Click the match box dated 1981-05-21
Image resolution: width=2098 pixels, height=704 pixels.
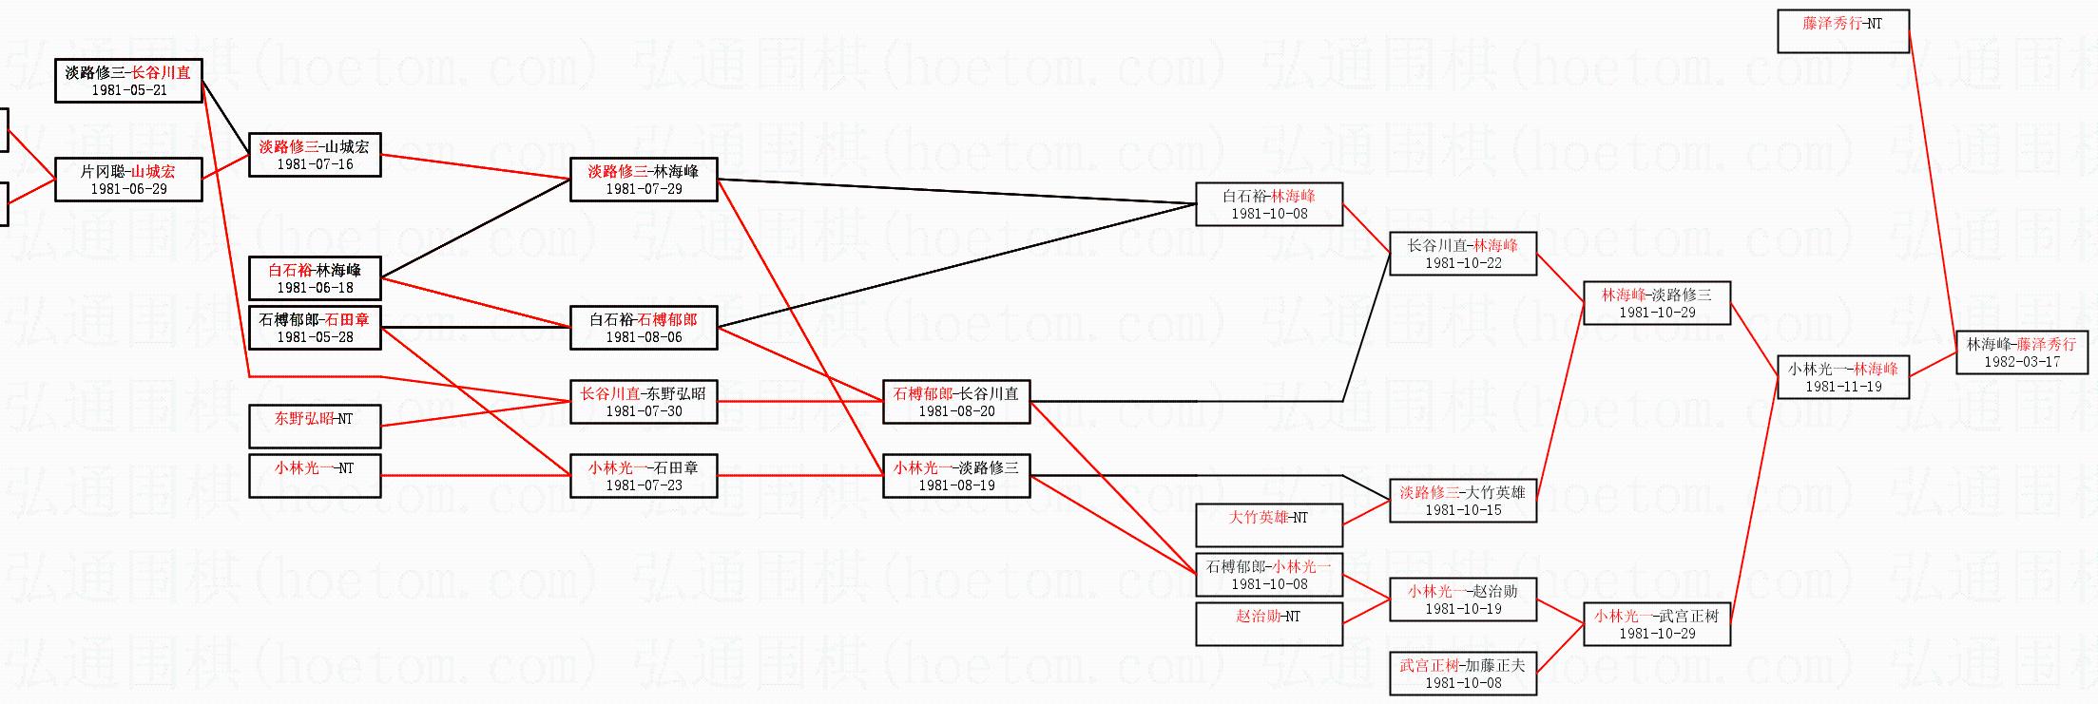coord(128,80)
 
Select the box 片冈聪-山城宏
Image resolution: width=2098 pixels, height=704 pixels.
coord(128,180)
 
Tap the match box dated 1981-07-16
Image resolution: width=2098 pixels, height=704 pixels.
coord(315,155)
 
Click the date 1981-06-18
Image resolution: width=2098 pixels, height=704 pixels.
coord(315,288)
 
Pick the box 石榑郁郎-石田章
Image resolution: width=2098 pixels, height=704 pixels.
coord(315,328)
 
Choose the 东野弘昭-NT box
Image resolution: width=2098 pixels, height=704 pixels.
coord(315,426)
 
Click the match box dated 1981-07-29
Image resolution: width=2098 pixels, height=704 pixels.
coord(644,180)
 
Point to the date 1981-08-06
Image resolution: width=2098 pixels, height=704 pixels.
coord(644,337)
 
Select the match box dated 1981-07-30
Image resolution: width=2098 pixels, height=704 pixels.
coord(644,402)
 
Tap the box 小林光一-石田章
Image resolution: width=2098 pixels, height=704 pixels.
coord(644,476)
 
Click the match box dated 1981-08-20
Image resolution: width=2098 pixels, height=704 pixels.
coord(956,402)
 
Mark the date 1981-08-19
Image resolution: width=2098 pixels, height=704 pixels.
coord(956,485)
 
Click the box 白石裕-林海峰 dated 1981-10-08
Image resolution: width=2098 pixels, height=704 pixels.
coord(1269,204)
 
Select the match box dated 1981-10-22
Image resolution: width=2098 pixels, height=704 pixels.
coord(1463,254)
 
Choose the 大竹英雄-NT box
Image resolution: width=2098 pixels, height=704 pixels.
coord(1269,525)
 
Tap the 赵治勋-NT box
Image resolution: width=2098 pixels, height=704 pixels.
coord(1269,624)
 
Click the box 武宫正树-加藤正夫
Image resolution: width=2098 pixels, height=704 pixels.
coord(1463,674)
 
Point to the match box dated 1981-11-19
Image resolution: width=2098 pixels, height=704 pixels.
coord(1842,377)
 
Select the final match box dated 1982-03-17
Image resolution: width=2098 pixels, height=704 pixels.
coord(2021,352)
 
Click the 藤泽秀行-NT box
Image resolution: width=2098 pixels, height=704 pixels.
coord(1842,31)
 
